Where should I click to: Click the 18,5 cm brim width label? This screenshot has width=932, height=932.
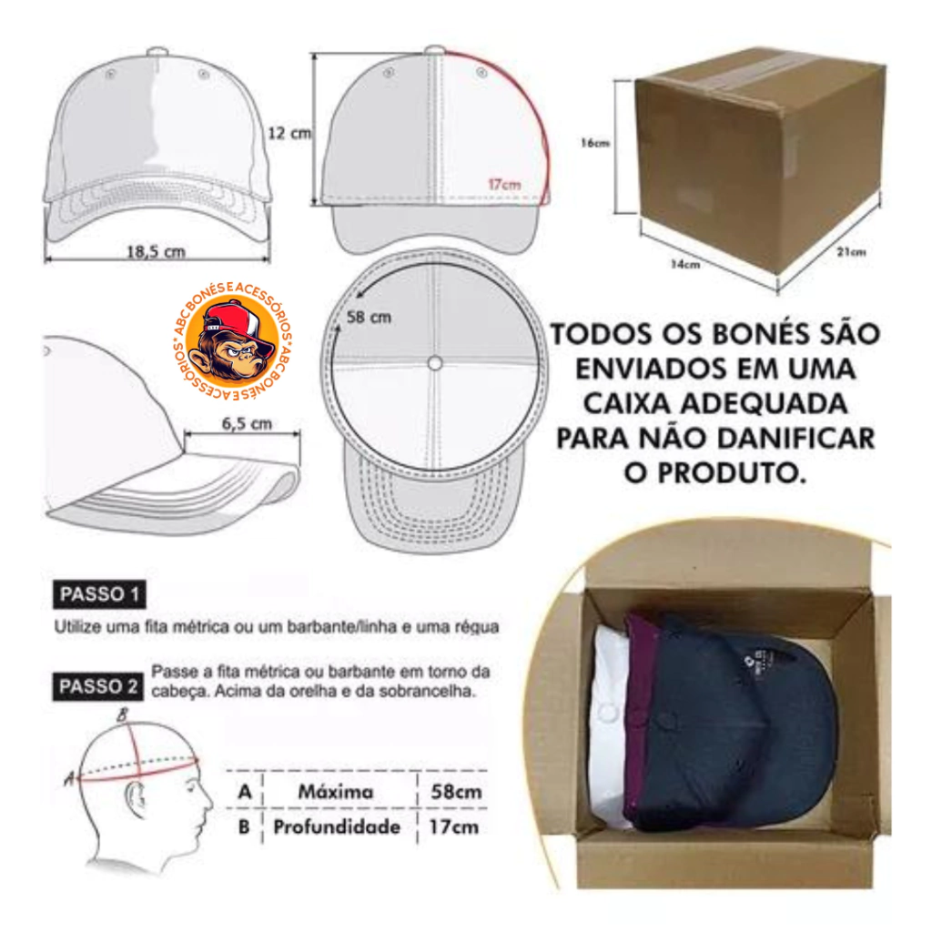click(x=156, y=251)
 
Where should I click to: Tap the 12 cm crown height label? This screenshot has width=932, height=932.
click(x=289, y=133)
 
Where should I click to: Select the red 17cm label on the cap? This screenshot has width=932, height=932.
click(x=504, y=184)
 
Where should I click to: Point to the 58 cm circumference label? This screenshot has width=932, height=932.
click(x=369, y=318)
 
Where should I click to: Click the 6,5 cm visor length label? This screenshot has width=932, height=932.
click(x=247, y=424)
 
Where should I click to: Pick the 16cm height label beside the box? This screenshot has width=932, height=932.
click(x=595, y=143)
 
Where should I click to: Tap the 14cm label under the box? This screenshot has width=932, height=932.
click(x=685, y=265)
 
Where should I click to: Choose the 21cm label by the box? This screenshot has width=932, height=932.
click(x=851, y=252)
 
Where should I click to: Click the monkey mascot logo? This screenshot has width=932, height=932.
click(x=232, y=340)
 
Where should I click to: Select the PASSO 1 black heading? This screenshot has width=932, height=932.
click(x=99, y=594)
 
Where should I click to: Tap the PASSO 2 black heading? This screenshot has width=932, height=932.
click(x=98, y=686)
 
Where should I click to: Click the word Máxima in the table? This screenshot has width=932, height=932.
click(x=336, y=792)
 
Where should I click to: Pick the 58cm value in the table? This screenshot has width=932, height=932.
click(x=456, y=792)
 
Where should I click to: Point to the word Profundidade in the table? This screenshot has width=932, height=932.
click(x=337, y=826)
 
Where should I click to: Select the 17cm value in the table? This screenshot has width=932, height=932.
click(x=453, y=826)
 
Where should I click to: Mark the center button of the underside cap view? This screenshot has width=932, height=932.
click(x=434, y=363)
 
